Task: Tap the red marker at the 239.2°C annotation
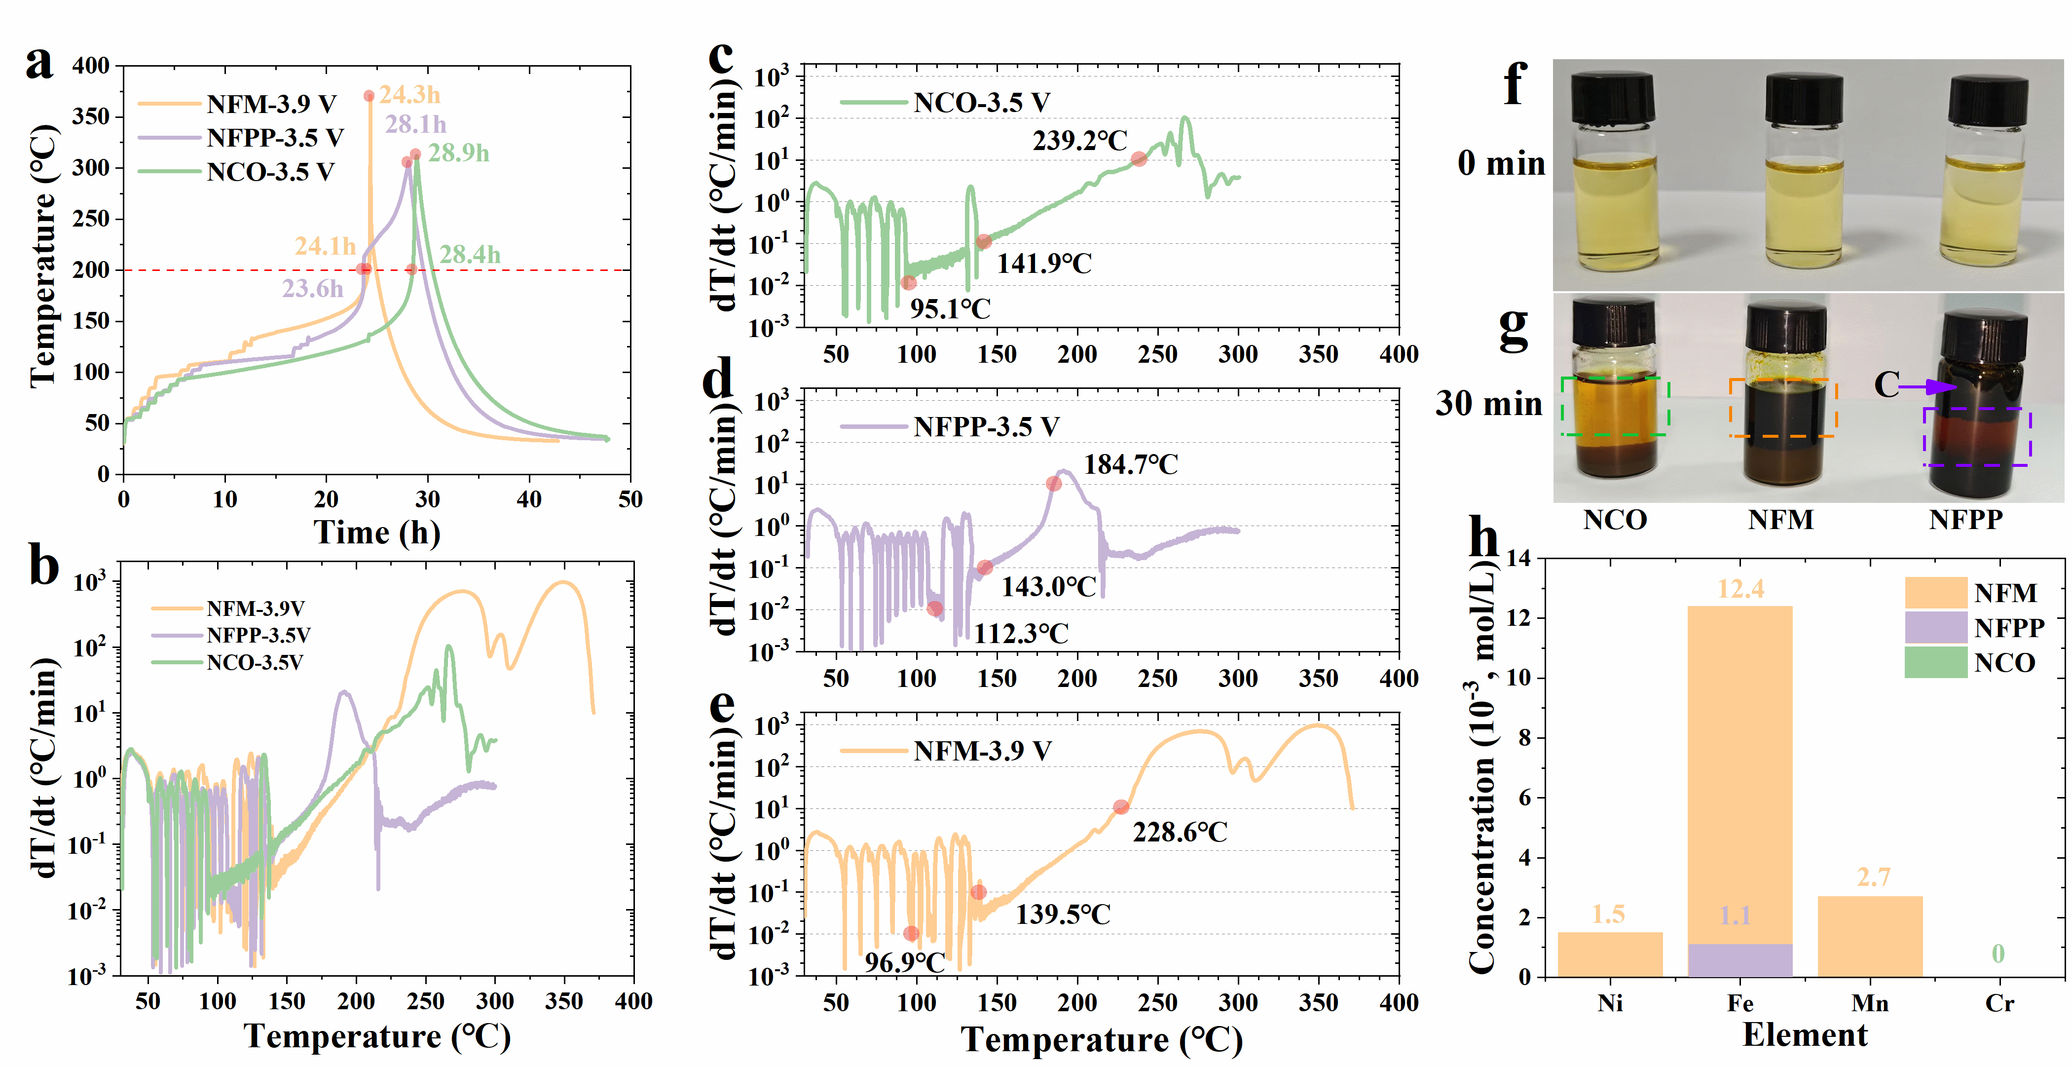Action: [x=1138, y=158]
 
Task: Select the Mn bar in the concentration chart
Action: [x=1870, y=937]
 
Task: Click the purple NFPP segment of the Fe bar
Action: [x=1740, y=960]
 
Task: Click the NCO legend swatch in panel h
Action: [x=1935, y=662]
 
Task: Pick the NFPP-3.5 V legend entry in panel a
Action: [x=241, y=138]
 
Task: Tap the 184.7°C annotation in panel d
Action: [x=1131, y=464]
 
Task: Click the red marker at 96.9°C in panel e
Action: [x=911, y=933]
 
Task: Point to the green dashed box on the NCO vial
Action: [x=1615, y=406]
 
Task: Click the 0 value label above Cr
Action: [x=1998, y=953]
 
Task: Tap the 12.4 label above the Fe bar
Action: [x=1740, y=589]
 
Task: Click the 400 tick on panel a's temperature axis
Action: [x=91, y=65]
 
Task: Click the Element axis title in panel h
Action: [x=1805, y=1034]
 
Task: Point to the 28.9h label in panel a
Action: [x=458, y=153]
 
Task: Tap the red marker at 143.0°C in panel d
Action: [x=985, y=568]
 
